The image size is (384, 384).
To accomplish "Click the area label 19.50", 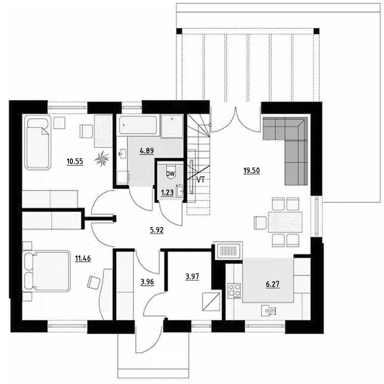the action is (252, 170).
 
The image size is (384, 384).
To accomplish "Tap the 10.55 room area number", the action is (75, 162).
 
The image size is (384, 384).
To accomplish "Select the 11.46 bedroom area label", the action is (83, 258).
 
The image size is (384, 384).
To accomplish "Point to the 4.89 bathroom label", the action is (147, 151).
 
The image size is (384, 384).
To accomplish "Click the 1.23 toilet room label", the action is (167, 192).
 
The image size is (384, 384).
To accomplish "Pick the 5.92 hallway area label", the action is (157, 230).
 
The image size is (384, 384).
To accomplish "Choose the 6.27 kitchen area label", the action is (273, 284).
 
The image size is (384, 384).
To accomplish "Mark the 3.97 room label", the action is (192, 276).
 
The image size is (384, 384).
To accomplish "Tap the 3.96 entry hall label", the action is (147, 282).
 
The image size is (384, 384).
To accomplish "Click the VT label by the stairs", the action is (201, 180).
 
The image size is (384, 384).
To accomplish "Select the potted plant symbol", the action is (102, 159).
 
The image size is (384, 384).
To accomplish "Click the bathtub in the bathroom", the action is (138, 125).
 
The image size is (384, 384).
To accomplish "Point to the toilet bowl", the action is (171, 173).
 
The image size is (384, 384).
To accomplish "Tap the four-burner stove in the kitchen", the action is (234, 291).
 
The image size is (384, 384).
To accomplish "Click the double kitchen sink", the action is (269, 311).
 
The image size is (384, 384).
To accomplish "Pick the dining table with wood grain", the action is (285, 222).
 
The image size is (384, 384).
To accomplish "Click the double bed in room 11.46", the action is (47, 271).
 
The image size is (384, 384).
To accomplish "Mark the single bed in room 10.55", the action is (38, 143).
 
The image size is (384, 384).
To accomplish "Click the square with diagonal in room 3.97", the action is (211, 302).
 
